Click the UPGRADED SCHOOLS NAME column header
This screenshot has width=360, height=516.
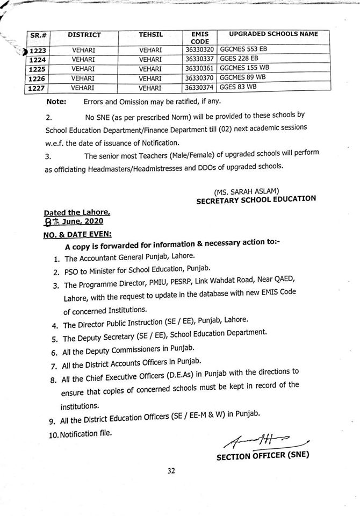coord(273,34)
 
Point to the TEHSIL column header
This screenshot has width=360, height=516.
coord(150,35)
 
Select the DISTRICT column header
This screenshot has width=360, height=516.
coord(84,35)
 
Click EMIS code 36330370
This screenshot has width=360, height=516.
coord(200,78)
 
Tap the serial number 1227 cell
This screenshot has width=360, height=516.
coord(38,88)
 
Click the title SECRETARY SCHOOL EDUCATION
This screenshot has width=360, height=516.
coord(256,199)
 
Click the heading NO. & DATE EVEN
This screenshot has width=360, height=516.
coord(77,235)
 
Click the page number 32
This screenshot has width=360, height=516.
coord(171,471)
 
